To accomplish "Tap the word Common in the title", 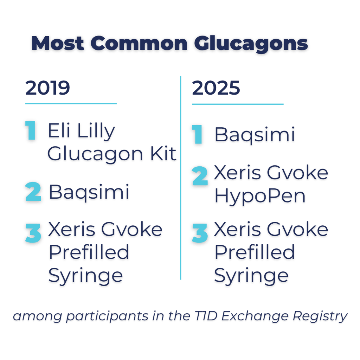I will pyautogui.click(x=139, y=44).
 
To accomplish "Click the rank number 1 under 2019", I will pyautogui.click(x=31, y=131).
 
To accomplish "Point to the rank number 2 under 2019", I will pyautogui.click(x=33, y=193).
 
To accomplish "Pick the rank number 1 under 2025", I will pyautogui.click(x=198, y=135).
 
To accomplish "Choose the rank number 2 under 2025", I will pyautogui.click(x=200, y=177).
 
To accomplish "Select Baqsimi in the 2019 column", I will pyautogui.click(x=89, y=192).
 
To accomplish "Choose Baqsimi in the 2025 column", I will pyautogui.click(x=255, y=135).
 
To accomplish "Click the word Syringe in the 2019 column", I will pyautogui.click(x=85, y=276).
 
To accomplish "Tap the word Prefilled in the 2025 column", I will pyautogui.click(x=255, y=252).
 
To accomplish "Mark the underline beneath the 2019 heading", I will pyautogui.click(x=71, y=104).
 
